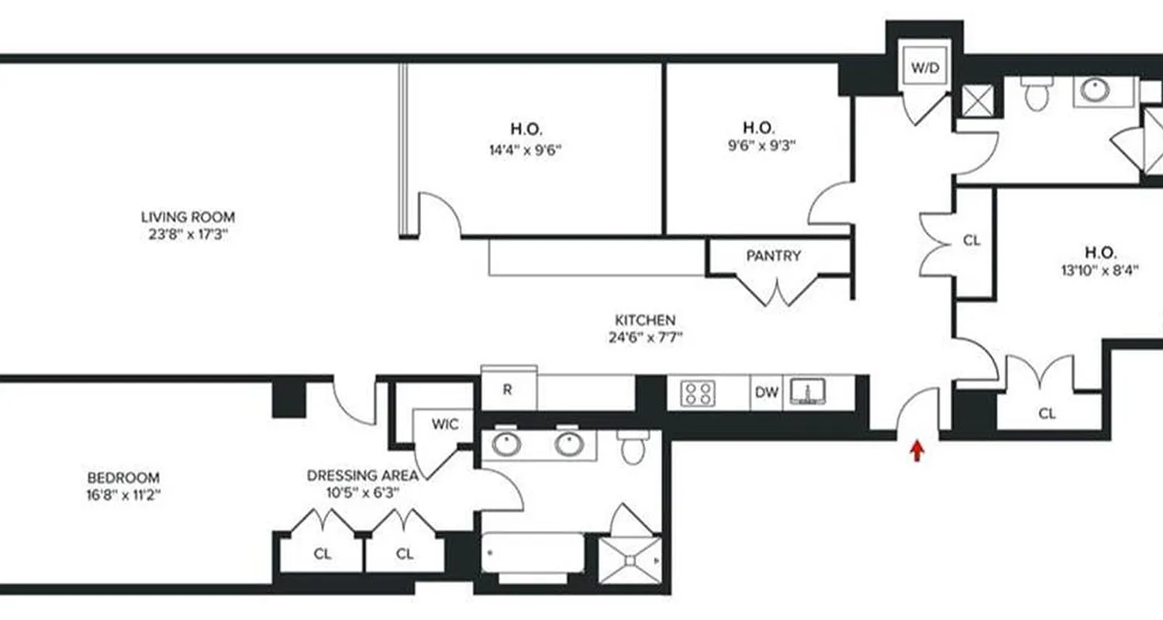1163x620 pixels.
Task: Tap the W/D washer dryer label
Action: point(924,68)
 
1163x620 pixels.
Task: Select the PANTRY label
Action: point(773,256)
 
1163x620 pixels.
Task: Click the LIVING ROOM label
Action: point(188,217)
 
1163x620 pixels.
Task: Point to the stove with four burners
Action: point(697,393)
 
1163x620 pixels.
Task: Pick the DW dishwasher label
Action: point(766,393)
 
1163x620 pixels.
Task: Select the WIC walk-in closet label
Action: point(445,425)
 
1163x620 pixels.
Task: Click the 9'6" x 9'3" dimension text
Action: point(758,144)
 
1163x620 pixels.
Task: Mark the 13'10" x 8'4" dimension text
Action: point(1100,270)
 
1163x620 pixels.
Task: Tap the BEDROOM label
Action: point(123,477)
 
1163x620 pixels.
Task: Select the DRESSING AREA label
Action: point(363,475)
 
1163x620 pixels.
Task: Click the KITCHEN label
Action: point(645,319)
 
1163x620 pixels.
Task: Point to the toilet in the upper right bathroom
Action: point(1034,93)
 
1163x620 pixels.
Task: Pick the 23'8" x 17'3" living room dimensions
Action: point(188,234)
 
